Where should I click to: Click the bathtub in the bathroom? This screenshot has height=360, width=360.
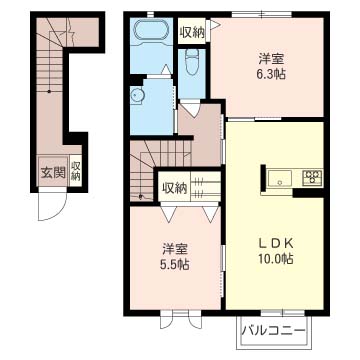(151, 31)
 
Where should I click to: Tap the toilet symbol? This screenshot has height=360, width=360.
(192, 62)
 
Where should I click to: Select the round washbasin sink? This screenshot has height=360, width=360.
(137, 95)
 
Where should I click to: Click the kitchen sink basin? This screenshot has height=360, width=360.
(280, 178)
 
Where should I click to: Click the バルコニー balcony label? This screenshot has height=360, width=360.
(273, 331)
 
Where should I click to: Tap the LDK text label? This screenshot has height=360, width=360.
(276, 244)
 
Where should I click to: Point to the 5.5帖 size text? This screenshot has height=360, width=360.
(175, 265)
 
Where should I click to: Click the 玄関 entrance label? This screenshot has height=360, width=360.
(53, 173)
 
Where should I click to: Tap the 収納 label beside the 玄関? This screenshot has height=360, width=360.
(75, 171)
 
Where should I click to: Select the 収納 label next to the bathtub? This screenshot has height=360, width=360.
(191, 32)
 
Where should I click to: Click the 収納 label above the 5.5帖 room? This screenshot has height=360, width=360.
(174, 188)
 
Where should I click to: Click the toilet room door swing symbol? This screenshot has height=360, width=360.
(191, 109)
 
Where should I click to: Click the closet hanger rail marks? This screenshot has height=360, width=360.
(199, 187)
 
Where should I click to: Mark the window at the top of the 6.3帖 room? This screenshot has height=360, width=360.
(262, 15)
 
